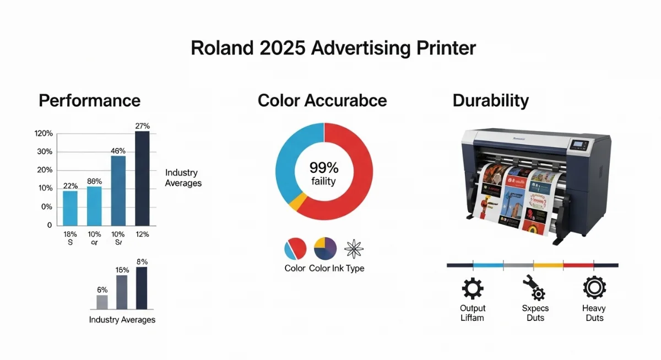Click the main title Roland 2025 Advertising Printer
(x=333, y=48)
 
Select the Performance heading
(x=89, y=101)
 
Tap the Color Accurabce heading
(x=322, y=101)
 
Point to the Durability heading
(x=490, y=101)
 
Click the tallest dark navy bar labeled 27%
(x=142, y=178)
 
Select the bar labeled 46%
(x=118, y=190)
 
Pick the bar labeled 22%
(x=70, y=208)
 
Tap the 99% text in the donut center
(x=324, y=167)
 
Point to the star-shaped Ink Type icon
(x=353, y=249)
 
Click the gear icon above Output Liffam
(x=472, y=288)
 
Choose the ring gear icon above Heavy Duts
(x=594, y=287)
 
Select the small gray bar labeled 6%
(x=102, y=302)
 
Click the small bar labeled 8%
(x=142, y=288)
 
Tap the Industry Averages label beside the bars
(x=183, y=178)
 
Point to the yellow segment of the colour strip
(x=549, y=265)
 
